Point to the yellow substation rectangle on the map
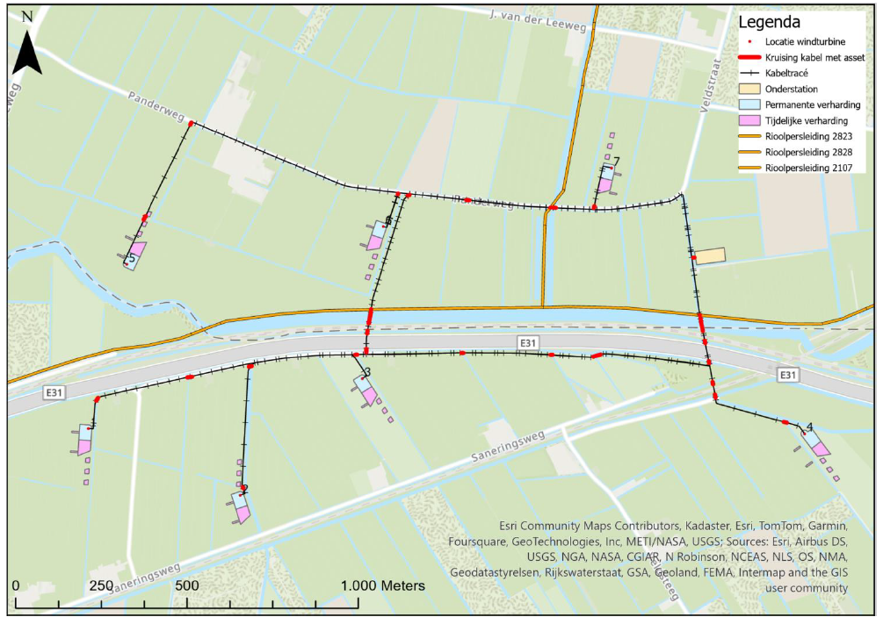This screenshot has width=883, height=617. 710,255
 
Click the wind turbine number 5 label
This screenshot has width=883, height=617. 132,258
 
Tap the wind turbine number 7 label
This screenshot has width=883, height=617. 617,161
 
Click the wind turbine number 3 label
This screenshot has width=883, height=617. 367,372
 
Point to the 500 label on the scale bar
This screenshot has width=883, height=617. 186,585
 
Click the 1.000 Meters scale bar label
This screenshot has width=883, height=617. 383,585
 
